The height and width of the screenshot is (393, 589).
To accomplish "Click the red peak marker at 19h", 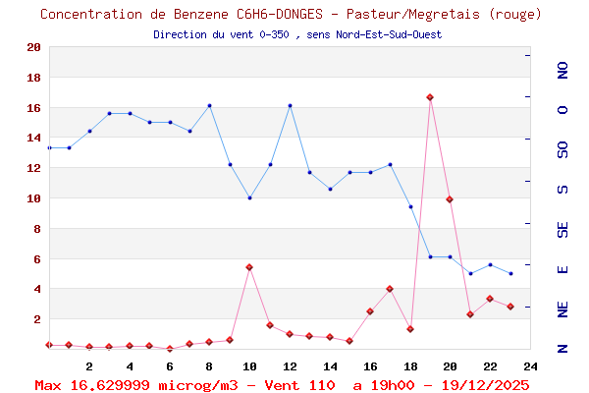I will pos(430,97).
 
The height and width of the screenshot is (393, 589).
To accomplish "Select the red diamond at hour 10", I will pos(249,267).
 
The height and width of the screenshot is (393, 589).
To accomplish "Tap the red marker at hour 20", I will pos(450,199).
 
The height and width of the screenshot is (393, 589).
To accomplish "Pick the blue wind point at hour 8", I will pos(209,105).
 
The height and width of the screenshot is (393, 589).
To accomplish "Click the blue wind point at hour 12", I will pos(290,105).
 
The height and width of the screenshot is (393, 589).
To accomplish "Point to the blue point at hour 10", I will pos(249,197).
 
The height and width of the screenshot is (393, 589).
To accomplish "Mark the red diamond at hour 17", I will pos(390,289).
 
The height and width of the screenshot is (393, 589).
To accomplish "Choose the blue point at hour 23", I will pos(510,273).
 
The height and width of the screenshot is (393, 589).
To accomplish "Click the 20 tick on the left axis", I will pos(33,47).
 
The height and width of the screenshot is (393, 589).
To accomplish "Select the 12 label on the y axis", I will pos(33,168).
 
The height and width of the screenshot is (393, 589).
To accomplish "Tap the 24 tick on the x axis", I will pos(530,365).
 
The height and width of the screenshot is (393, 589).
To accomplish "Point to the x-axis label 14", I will pos(330,365).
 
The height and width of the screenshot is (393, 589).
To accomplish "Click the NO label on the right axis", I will pos(562,70).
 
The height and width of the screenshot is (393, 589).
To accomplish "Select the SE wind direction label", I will pos(562,229).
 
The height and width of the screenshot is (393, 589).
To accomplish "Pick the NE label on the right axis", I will pos(562,309).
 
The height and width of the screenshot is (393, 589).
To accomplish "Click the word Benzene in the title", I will pos(201,14).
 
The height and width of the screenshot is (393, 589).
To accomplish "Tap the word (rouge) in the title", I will pos(514,14).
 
